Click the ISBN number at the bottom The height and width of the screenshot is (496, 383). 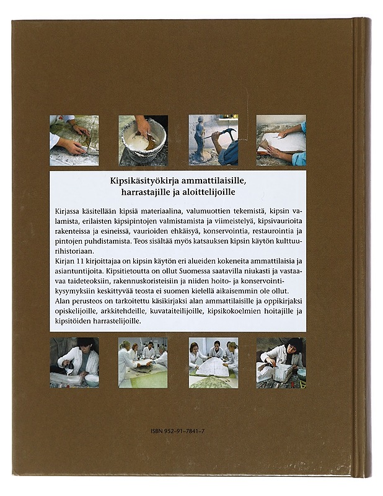click(x=178, y=431)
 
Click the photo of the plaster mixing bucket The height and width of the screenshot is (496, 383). click(x=143, y=140)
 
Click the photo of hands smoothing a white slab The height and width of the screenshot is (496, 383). click(x=281, y=140)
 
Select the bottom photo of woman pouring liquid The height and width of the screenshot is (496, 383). click(x=74, y=363)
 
